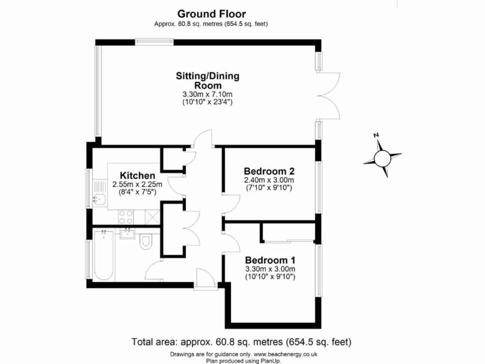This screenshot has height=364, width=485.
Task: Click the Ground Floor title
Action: (x=211, y=14)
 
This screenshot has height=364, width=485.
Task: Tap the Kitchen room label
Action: (x=137, y=175)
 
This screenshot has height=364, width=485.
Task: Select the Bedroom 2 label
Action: (x=269, y=171)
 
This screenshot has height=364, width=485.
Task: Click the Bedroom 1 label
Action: (x=270, y=260)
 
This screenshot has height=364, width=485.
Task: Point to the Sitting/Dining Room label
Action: (x=208, y=81)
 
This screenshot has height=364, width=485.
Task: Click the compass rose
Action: (x=383, y=157)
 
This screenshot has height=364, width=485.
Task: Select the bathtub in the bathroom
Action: (x=103, y=255)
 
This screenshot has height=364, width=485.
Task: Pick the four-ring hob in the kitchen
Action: (x=126, y=217)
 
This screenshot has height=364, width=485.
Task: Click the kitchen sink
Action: (x=101, y=199)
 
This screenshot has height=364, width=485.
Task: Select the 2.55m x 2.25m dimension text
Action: (x=137, y=185)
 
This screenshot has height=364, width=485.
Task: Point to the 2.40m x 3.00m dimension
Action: (x=269, y=180)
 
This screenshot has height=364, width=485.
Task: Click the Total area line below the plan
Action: (x=241, y=342)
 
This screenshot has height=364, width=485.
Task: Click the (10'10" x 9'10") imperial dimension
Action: (x=270, y=277)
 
